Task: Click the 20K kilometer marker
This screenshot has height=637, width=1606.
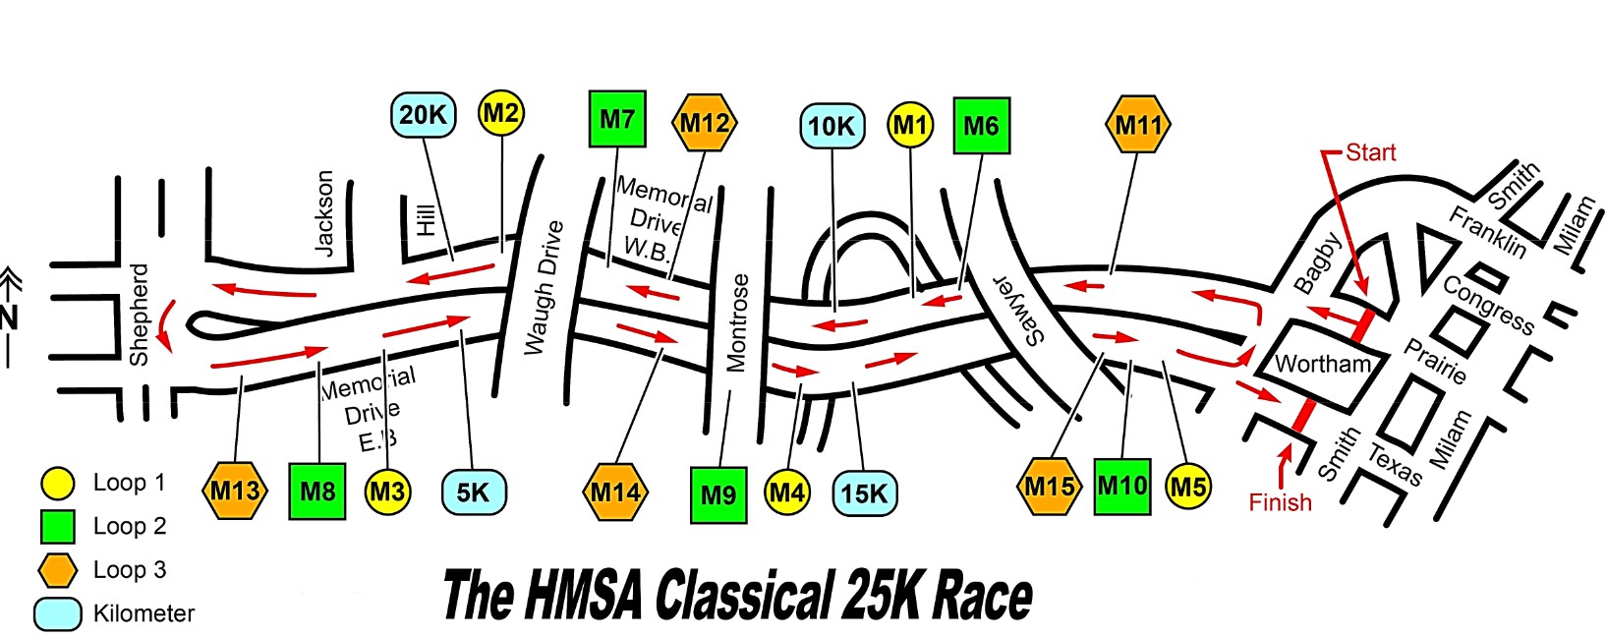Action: (424, 115)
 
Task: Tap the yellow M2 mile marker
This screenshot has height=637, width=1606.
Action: (501, 113)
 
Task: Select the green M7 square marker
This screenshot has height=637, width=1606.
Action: (617, 119)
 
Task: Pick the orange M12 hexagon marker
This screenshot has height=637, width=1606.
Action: (705, 123)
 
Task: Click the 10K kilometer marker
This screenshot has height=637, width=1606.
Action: (832, 126)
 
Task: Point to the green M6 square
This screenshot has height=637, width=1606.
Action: (982, 126)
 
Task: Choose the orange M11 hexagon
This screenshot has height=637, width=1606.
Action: (1138, 124)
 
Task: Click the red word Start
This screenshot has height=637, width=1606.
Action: (1371, 152)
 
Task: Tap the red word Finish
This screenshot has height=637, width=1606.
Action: (1281, 502)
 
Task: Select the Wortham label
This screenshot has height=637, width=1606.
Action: (1323, 364)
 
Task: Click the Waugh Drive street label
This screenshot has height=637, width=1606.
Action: (544, 288)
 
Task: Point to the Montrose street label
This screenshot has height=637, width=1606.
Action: (738, 322)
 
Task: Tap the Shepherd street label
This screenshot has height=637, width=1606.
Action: (139, 315)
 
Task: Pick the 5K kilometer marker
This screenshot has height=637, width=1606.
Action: (473, 492)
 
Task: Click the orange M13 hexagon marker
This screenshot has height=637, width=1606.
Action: (235, 491)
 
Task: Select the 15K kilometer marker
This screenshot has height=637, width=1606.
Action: (865, 493)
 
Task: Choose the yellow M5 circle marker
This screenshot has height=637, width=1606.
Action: (1188, 487)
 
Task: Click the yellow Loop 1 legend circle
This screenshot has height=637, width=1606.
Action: (57, 484)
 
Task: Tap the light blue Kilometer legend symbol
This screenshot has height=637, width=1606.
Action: (58, 614)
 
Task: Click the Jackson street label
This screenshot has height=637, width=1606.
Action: (324, 213)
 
